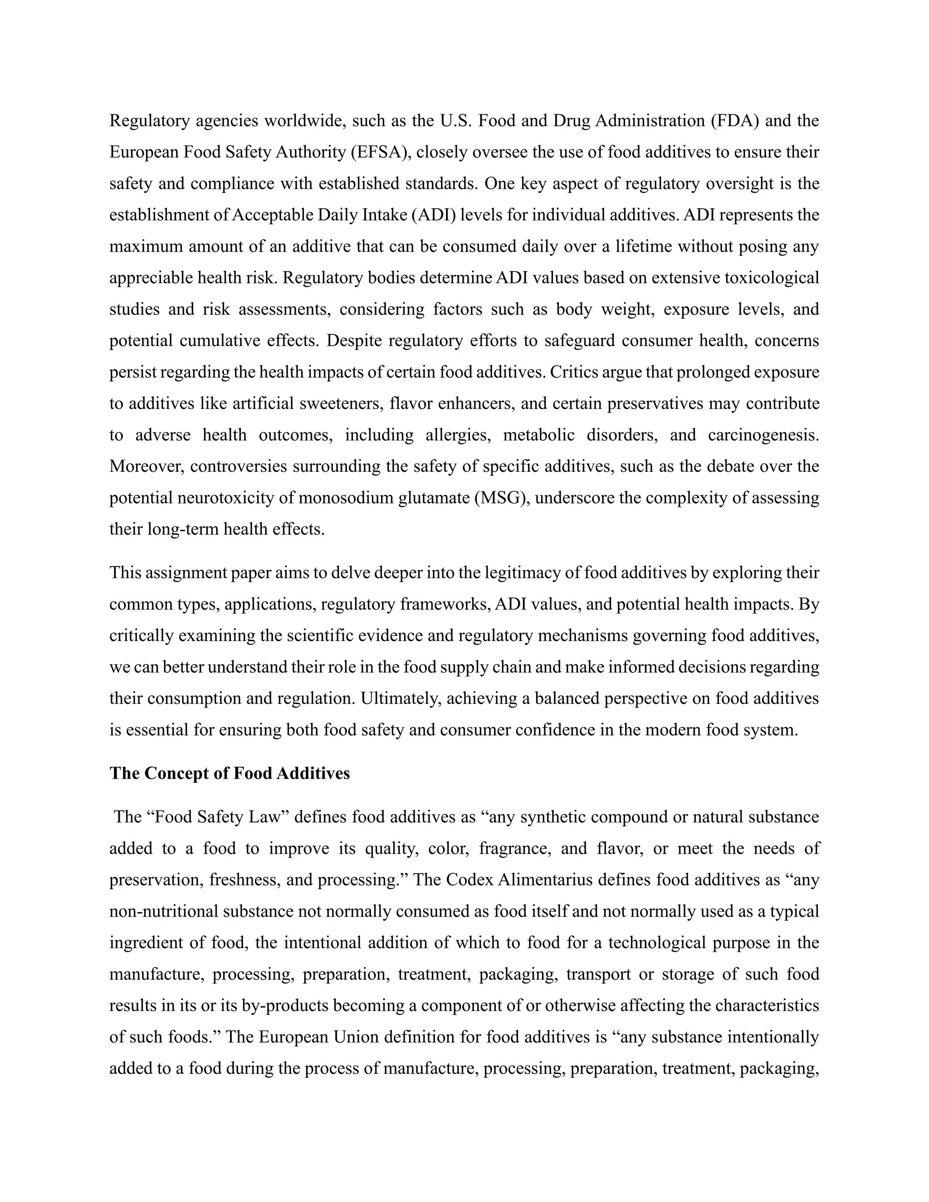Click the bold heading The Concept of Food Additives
pyautogui.click(x=230, y=773)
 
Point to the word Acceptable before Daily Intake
pyautogui.click(x=273, y=215)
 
